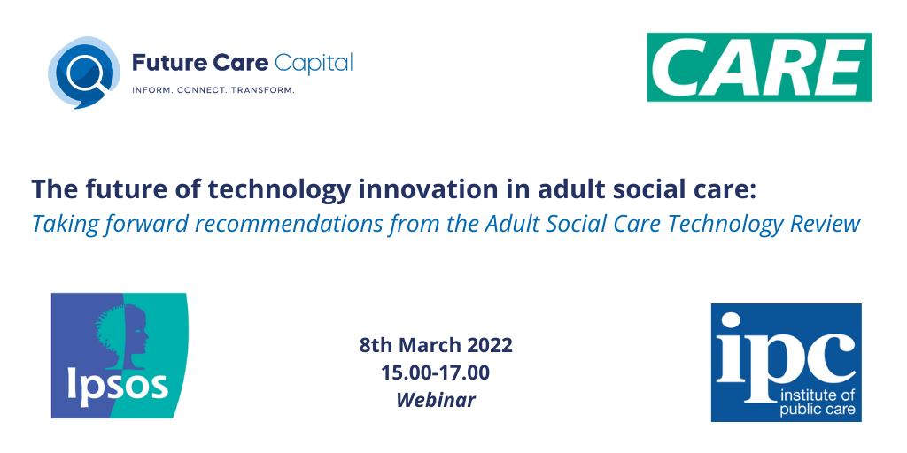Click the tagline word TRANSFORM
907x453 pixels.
tap(262, 90)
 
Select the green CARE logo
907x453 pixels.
tap(759, 67)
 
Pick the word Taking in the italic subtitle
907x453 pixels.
tap(61, 223)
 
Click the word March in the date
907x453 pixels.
tap(434, 345)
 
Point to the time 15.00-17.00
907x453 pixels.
tap(436, 372)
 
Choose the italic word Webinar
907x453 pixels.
tap(436, 400)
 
